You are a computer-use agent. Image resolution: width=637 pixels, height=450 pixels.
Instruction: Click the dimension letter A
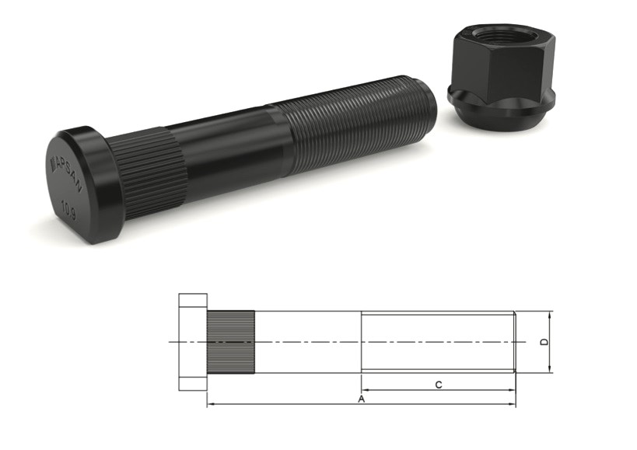coord(361,399)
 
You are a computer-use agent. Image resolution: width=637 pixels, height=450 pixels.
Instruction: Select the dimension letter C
coord(439,385)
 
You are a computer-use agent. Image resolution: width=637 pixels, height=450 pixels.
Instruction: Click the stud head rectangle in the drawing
coord(193,342)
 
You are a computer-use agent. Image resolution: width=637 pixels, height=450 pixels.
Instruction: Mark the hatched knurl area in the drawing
coord(231,342)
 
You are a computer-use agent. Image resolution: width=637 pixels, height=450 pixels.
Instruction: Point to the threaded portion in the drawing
coord(437,342)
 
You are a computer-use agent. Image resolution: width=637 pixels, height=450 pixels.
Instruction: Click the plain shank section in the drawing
coord(307,342)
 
